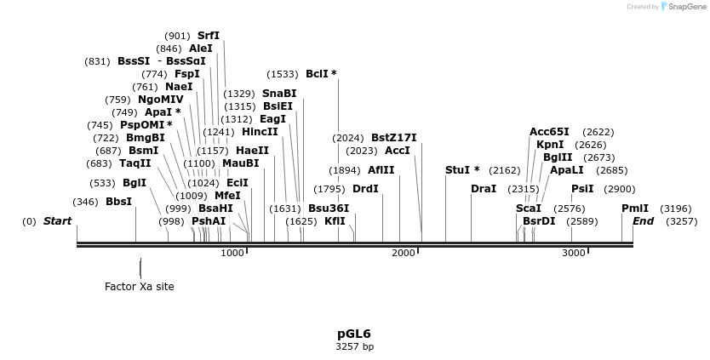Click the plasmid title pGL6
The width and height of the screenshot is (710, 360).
point(354,334)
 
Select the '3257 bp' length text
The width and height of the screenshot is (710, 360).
point(354,347)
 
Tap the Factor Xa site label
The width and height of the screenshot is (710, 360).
point(139,287)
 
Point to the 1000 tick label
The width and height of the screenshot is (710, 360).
point(232,254)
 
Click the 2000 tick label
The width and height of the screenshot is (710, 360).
point(404,254)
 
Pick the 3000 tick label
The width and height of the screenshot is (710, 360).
point(574,254)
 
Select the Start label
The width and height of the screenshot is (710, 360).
point(57,221)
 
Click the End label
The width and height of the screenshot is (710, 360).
point(643,221)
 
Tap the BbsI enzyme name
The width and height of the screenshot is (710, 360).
point(118,202)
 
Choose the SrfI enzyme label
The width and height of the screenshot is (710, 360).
point(209,36)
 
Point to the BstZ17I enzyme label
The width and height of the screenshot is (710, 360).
point(393,138)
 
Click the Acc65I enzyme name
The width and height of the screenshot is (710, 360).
point(549,132)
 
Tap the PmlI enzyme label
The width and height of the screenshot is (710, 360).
point(635,209)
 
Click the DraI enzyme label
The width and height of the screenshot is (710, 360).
point(484,189)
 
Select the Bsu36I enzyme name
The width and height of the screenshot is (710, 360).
point(329,209)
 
